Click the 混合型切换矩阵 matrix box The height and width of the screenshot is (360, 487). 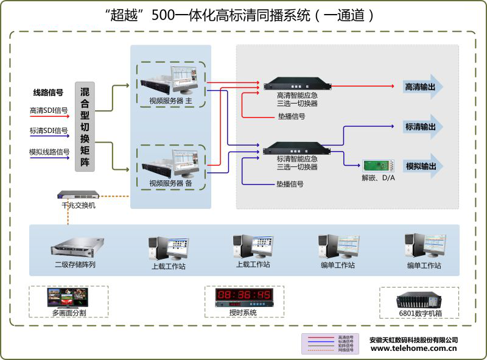pos(85,126)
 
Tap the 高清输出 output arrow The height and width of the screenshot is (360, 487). pos(423,87)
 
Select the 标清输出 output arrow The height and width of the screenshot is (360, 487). pos(423,127)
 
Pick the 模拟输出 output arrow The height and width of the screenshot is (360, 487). pos(423,166)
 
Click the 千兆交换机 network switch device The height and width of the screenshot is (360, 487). pos(77,196)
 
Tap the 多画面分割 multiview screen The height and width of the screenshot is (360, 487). pos(69,297)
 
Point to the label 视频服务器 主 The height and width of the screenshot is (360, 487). pos(171,101)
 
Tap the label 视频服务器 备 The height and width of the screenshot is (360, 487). pos(171,183)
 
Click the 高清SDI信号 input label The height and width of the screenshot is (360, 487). pos(49,111)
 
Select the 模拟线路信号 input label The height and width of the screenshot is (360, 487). pos(49,152)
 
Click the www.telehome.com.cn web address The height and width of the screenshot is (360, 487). pos(413,349)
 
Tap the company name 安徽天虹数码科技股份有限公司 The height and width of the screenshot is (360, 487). pos(413,340)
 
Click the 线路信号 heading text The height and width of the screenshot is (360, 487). pos(48,93)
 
